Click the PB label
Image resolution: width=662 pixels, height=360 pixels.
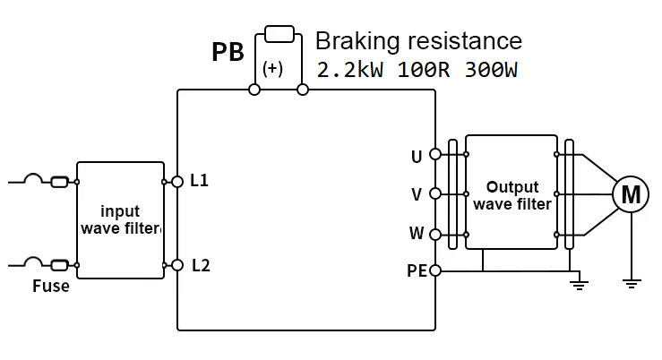pyautogui.click(x=228, y=52)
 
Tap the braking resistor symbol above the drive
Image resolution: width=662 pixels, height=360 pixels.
pyautogui.click(x=279, y=35)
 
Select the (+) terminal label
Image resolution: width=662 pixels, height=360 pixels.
pyautogui.click(x=273, y=69)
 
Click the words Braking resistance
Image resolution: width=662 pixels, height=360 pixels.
pyautogui.click(x=418, y=41)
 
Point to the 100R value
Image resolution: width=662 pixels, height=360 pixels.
pyautogui.click(x=423, y=70)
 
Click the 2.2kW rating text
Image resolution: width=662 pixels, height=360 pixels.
pyautogui.click(x=350, y=70)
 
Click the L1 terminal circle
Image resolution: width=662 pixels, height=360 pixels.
pyautogui.click(x=177, y=182)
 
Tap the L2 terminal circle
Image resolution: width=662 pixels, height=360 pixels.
pyautogui.click(x=177, y=265)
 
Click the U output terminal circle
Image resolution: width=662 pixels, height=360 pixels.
pyautogui.click(x=435, y=154)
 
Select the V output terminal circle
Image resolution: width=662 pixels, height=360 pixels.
pyautogui.click(x=435, y=193)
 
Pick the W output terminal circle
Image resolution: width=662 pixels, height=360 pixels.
pyautogui.click(x=435, y=235)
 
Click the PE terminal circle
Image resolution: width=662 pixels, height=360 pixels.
pyautogui.click(x=435, y=270)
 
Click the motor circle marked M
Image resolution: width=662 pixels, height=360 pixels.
pyautogui.click(x=631, y=193)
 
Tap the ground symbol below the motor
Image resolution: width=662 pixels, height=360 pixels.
pyautogui.click(x=631, y=284)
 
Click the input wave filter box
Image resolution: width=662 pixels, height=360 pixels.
pyautogui.click(x=120, y=220)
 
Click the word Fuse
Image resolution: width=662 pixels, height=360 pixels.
pyautogui.click(x=51, y=287)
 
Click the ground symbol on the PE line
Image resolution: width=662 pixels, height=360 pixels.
pyautogui.click(x=580, y=285)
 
